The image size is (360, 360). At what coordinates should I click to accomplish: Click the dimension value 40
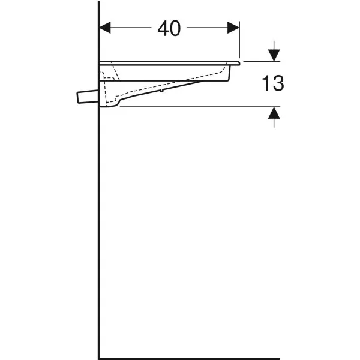point(169,28)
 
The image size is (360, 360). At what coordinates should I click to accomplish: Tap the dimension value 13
point(273,83)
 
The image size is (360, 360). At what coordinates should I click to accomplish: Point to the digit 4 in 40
point(163,28)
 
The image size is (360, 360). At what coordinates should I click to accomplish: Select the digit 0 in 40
point(175,28)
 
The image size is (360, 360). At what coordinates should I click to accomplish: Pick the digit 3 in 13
point(278,83)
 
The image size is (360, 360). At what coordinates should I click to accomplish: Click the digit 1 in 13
point(266,83)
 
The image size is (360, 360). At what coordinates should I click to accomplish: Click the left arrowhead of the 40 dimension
point(105,28)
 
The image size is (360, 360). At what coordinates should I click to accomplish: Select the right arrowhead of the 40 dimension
point(233,28)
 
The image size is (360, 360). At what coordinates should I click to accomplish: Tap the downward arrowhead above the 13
point(274,55)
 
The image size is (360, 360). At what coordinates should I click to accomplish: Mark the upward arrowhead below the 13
point(274,113)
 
